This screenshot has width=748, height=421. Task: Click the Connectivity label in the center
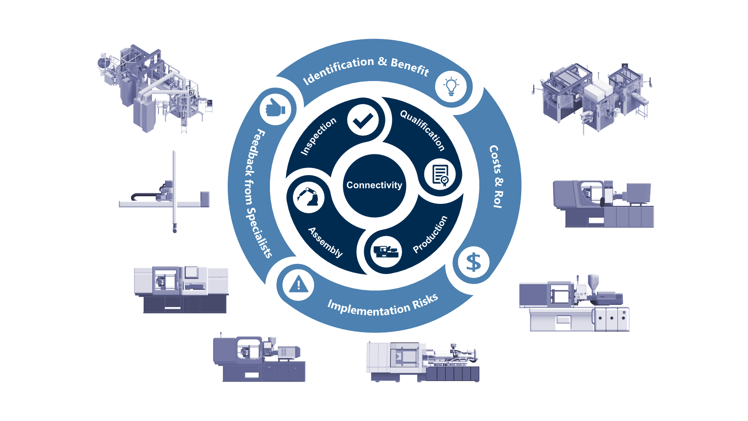[374, 185]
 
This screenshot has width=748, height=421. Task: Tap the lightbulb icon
[451, 86]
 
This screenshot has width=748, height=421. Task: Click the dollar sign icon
[473, 262]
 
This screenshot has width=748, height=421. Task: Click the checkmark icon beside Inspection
[363, 120]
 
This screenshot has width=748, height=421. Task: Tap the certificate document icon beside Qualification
[440, 174]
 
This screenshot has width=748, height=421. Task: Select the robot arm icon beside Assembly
[308, 197]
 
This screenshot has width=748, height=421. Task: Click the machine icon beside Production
[386, 251]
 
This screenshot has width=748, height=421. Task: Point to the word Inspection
[318, 136]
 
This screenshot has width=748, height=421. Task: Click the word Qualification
[423, 130]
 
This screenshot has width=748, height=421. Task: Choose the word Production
[430, 234]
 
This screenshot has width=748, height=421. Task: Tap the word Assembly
[326, 242]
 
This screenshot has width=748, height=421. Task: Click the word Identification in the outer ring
[338, 70]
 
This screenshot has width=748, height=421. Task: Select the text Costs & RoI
[496, 177]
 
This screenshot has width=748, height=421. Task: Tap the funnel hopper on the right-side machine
[593, 281]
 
